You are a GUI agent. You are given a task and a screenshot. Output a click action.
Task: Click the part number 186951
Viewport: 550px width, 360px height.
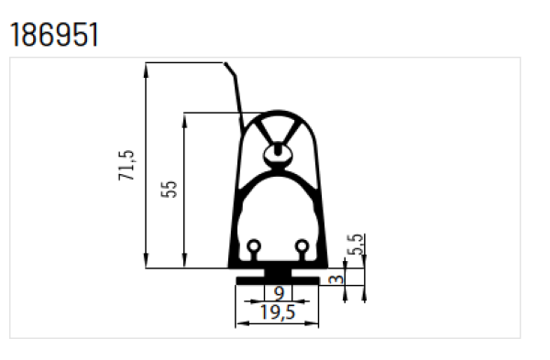pyautogui.click(x=53, y=34)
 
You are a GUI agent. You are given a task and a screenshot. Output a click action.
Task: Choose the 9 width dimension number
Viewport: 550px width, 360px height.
pyautogui.click(x=279, y=293)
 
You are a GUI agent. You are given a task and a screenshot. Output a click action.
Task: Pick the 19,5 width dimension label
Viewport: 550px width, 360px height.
pyautogui.click(x=278, y=312)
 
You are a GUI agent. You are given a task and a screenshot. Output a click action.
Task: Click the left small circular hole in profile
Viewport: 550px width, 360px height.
pyautogui.click(x=254, y=245)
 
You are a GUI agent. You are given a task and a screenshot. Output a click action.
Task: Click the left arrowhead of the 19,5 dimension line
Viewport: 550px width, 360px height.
pyautogui.click(x=240, y=322)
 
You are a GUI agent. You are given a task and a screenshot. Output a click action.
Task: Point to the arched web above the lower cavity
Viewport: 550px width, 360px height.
pyautogui.click(x=278, y=173)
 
